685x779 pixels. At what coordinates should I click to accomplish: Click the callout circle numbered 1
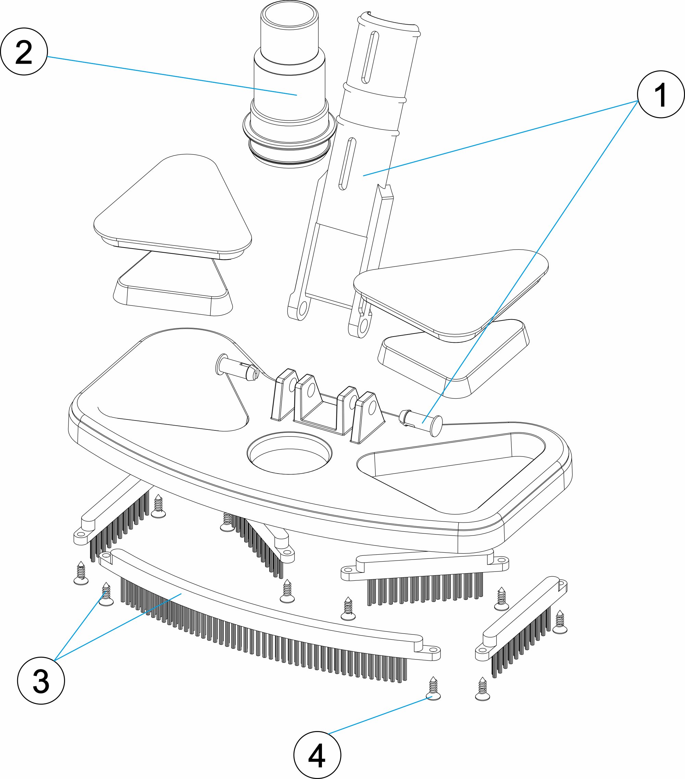661,94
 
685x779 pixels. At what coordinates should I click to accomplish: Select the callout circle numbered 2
24,51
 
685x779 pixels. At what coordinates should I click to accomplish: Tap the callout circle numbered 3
41,680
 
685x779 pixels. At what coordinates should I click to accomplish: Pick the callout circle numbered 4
317,755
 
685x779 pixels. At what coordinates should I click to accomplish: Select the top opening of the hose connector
290,18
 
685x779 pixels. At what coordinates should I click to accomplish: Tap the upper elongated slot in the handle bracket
370,57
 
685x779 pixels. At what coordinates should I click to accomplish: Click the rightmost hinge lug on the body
368,416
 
